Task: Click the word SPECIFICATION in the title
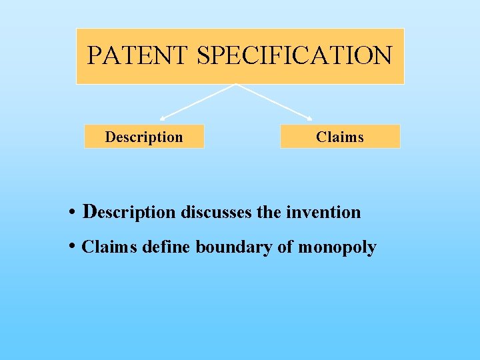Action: click(295, 55)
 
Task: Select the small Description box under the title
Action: click(144, 137)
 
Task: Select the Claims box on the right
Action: click(340, 137)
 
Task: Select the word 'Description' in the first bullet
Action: click(129, 213)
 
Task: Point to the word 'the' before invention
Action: click(269, 213)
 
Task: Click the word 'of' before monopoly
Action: click(285, 247)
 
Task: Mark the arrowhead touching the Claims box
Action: click(309, 119)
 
